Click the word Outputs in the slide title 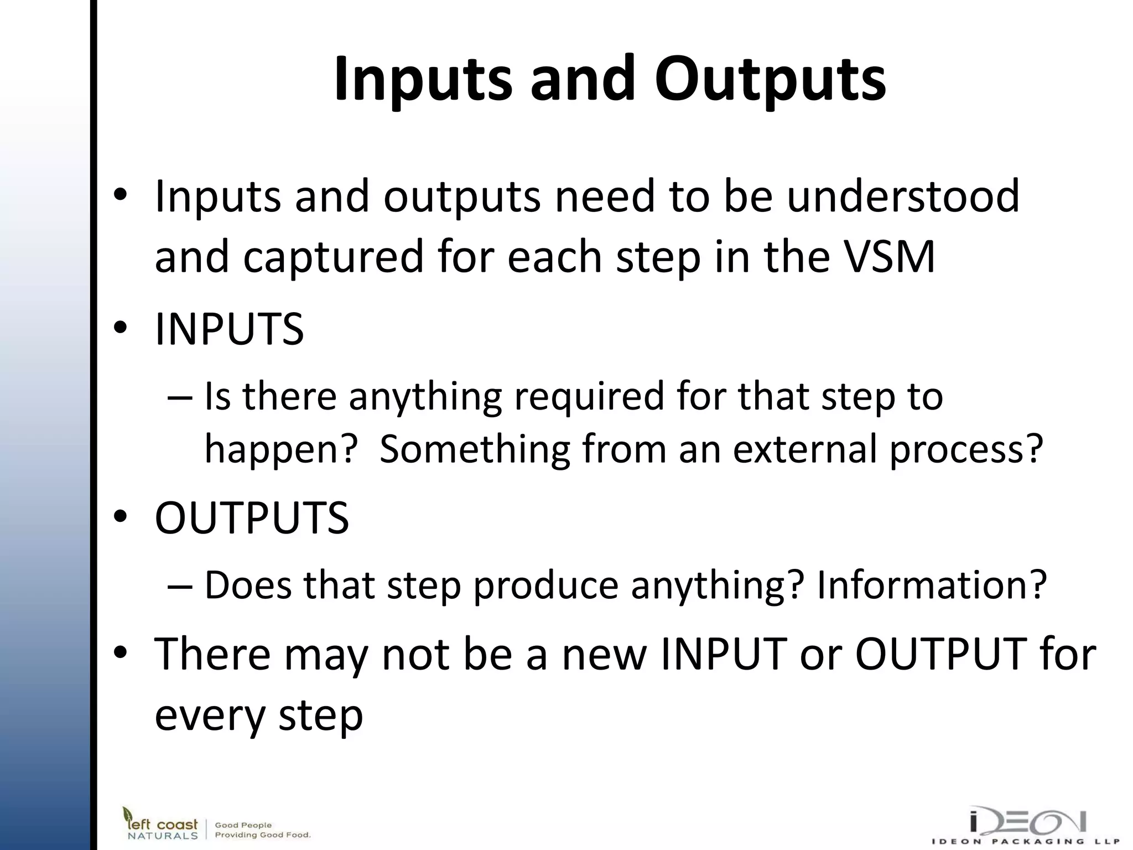770,80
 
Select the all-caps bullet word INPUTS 229,329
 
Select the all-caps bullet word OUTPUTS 252,518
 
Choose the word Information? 932,585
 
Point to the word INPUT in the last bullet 724,654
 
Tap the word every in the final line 210,716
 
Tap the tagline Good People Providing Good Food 262,830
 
